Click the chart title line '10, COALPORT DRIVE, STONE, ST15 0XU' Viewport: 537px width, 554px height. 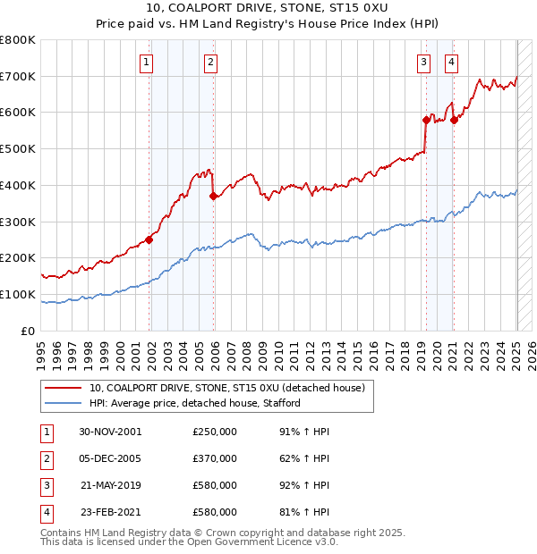pos(268,10)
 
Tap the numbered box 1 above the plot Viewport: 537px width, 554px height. pos(145,62)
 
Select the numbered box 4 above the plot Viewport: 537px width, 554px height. pos(451,62)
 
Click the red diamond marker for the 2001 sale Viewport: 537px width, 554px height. pos(149,239)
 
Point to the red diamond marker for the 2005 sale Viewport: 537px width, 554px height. pos(213,196)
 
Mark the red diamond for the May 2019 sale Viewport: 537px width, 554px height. pos(426,119)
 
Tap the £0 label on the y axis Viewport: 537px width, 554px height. pos(29,331)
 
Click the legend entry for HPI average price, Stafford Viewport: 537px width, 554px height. pos(194,403)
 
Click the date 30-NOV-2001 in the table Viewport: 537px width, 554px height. pos(110,432)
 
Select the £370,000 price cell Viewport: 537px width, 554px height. pos(215,458)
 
